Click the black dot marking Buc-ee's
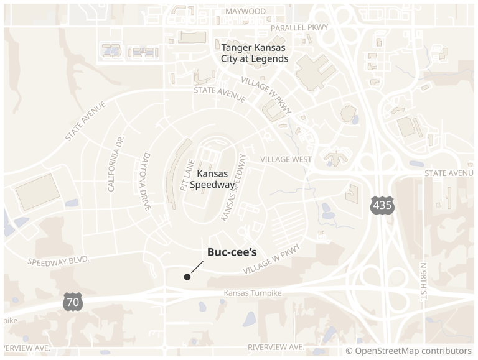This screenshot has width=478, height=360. point(187,277)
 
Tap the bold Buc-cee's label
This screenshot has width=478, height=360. point(232,253)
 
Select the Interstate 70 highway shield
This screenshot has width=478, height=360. point(72,302)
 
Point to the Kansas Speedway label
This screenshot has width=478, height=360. point(213,179)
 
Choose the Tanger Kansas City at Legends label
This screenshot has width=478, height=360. point(255,53)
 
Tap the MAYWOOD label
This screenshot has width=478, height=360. point(245,11)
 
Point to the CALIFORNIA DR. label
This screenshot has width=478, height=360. point(116,163)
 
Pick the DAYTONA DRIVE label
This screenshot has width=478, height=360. point(148,182)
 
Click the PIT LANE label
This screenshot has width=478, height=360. point(186,175)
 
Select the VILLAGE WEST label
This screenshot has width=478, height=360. point(286,160)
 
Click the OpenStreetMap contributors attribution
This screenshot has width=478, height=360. point(408,351)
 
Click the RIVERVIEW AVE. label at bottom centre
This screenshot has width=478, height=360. point(276,346)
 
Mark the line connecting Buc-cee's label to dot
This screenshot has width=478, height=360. point(196,267)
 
